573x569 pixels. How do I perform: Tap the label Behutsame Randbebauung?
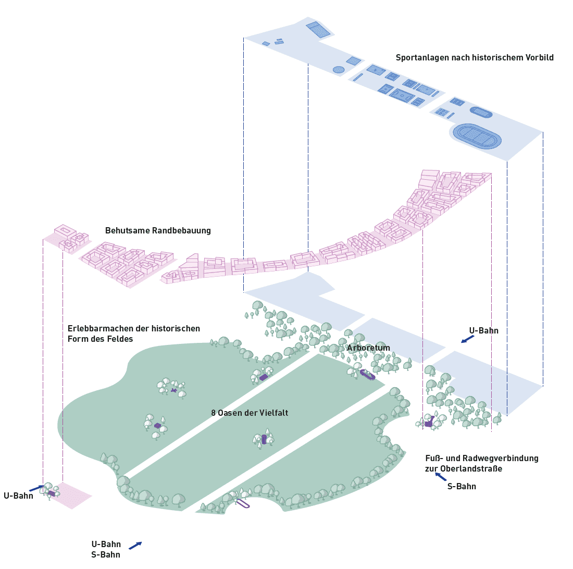158,230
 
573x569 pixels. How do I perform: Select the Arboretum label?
368,348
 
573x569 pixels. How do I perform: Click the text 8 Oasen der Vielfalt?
250,413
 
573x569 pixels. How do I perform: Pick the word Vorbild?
538,58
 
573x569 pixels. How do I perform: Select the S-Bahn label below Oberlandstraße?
462,487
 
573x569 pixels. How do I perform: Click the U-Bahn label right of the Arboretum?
483,331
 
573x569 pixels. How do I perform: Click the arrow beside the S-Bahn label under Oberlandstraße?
441,476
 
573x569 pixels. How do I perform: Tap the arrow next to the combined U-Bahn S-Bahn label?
135,546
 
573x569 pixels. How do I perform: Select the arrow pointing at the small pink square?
36,488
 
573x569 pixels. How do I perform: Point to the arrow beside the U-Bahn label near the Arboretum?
468,339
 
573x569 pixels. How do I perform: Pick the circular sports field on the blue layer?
339,69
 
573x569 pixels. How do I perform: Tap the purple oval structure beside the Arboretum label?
368,375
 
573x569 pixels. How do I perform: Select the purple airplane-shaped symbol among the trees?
173,390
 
